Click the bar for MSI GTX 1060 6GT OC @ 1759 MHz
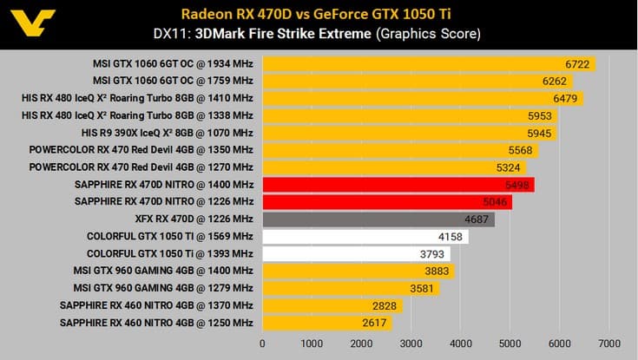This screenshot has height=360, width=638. click(x=418, y=82)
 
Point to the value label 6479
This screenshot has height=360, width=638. click(x=564, y=99)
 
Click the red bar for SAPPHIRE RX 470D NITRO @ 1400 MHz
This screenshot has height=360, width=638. click(x=398, y=185)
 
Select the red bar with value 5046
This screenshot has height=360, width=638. click(x=387, y=202)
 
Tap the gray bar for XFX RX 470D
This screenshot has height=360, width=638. click(x=378, y=219)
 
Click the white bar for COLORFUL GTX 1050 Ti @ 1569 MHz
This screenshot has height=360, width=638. click(x=365, y=236)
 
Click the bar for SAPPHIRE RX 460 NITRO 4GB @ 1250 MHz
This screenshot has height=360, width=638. click(x=326, y=323)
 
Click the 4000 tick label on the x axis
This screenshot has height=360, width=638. click(x=460, y=344)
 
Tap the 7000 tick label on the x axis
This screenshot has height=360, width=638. click(x=608, y=344)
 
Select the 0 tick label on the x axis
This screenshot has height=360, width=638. click(x=263, y=344)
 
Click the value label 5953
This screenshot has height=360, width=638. click(x=538, y=116)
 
